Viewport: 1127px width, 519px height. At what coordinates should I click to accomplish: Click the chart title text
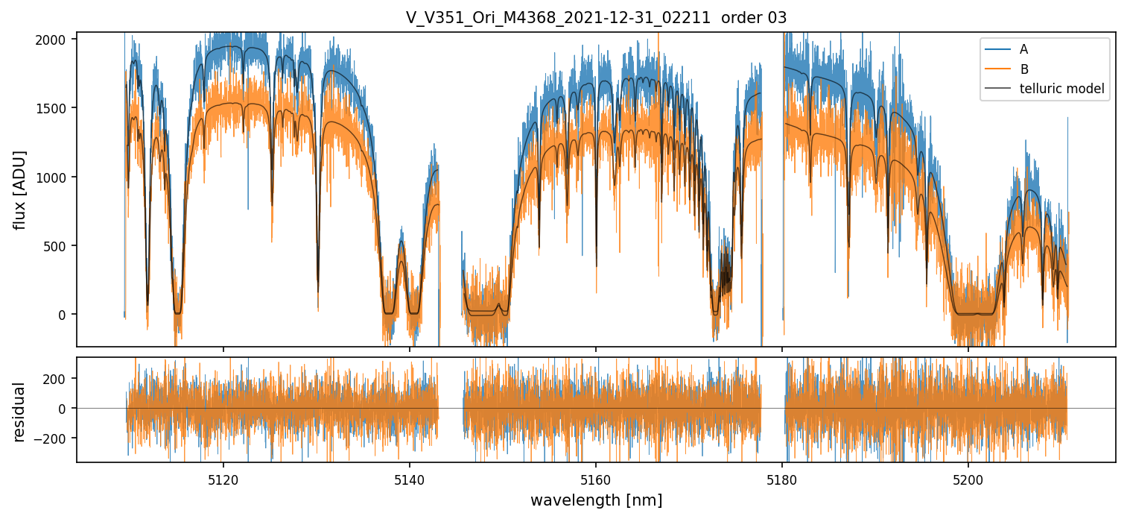tap(596, 18)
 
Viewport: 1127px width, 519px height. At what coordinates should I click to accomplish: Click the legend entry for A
tap(1023, 49)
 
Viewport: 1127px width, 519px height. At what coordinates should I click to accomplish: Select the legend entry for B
tap(1023, 69)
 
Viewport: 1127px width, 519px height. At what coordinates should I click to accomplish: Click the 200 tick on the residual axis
tap(58, 378)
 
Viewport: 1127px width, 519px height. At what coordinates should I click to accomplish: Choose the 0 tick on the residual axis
tap(64, 408)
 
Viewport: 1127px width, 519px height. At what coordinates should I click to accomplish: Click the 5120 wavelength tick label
tap(223, 478)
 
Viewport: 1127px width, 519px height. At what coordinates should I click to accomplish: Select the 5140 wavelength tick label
tap(409, 478)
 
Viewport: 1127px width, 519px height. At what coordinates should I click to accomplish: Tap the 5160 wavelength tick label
tap(595, 478)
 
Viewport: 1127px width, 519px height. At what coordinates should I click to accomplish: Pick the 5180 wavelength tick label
tap(781, 478)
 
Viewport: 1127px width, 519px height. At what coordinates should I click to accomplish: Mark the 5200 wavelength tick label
tap(968, 478)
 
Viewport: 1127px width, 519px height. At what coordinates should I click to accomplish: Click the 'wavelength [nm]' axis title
tap(596, 500)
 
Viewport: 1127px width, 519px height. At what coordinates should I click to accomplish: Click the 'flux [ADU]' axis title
tap(19, 189)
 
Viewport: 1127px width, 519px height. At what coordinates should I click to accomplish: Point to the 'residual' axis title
tap(19, 412)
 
